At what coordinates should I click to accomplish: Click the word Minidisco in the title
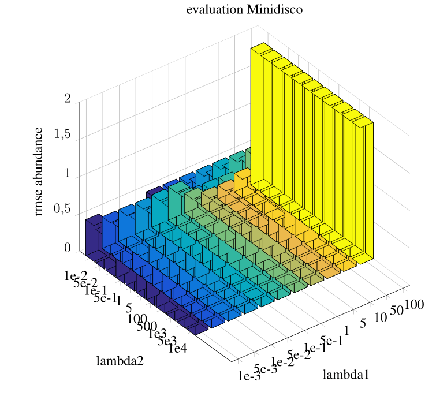tap(275, 10)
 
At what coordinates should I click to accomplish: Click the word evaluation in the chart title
tap(211, 10)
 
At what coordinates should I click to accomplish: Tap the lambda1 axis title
tap(345, 374)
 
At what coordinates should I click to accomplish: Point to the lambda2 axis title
tap(120, 361)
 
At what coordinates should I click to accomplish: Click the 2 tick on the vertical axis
tap(68, 99)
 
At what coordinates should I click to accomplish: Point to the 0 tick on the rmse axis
tap(68, 248)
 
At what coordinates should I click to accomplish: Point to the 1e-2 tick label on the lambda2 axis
tap(76, 275)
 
